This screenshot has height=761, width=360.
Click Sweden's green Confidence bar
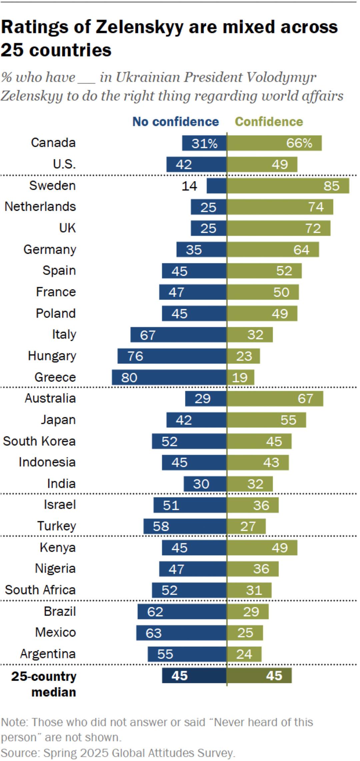click(288, 186)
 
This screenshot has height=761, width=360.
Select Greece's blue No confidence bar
click(169, 377)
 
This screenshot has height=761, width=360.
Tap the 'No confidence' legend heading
click(176, 122)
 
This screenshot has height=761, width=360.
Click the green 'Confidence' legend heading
click(269, 122)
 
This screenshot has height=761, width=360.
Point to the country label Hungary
click(52, 356)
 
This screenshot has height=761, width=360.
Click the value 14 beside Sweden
click(189, 186)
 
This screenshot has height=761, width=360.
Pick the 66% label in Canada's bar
click(299, 143)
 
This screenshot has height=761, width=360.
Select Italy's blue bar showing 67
click(178, 334)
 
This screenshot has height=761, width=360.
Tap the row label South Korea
click(39, 441)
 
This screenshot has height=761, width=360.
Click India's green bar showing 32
click(250, 484)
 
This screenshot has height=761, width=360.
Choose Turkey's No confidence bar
click(185, 526)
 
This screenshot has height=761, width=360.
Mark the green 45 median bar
click(259, 676)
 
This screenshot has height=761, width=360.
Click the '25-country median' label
click(44, 684)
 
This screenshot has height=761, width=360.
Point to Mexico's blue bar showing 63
click(181, 633)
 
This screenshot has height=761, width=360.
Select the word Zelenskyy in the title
click(140, 27)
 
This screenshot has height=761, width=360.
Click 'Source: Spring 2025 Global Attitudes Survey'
click(118, 753)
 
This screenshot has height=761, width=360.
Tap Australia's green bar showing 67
click(275, 399)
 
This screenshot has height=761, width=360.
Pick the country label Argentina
click(48, 654)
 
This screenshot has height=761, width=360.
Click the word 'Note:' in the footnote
click(15, 722)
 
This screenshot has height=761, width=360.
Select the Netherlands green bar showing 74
click(280, 207)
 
